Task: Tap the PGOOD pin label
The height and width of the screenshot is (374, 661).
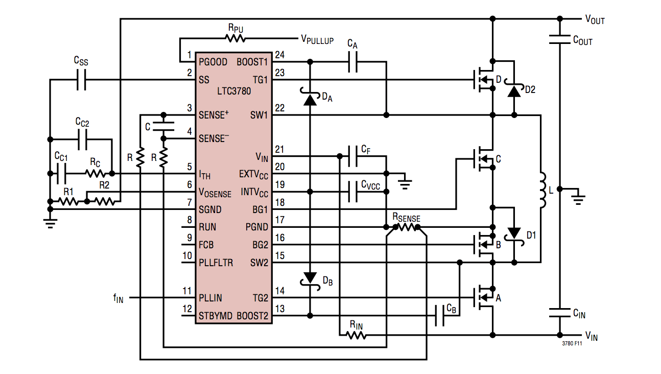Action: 214,62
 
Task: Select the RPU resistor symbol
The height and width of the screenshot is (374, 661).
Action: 235,38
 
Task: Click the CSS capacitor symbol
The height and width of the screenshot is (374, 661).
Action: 81,80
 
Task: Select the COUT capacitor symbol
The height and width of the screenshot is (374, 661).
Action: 559,40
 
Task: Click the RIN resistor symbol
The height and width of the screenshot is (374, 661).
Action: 356,335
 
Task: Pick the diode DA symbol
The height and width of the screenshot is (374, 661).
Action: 309,98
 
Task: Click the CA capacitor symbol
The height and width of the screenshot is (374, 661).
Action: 353,62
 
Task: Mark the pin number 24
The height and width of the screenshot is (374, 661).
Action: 279,55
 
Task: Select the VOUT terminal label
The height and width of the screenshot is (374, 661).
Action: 595,20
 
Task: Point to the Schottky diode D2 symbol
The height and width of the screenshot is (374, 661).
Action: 514,90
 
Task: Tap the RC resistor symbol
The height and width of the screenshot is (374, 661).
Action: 95,174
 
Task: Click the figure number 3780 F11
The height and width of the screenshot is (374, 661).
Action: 572,344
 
